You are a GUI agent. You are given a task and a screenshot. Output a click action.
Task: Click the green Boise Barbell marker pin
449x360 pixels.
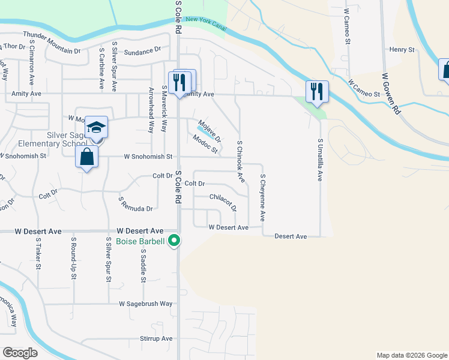point(175,241)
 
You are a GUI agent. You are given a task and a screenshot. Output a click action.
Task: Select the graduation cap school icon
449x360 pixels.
point(96,127)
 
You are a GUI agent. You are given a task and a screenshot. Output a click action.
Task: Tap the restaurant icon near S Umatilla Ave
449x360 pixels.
point(317,92)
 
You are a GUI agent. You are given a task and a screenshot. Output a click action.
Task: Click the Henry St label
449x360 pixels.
point(402,50)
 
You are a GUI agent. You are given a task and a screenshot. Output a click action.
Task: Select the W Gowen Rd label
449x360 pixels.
point(390,93)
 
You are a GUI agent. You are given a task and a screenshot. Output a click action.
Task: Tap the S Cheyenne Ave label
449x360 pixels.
point(263,197)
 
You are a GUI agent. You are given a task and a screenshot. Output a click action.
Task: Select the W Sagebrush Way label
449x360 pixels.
point(146,304)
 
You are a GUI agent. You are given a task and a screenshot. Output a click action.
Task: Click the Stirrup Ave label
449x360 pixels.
point(155,338)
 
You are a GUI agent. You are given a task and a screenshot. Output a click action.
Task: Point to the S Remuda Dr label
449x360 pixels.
point(136,204)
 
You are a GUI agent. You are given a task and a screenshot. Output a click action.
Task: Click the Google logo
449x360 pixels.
point(20,353)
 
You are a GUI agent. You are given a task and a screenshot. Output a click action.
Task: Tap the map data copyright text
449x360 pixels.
point(412,355)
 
